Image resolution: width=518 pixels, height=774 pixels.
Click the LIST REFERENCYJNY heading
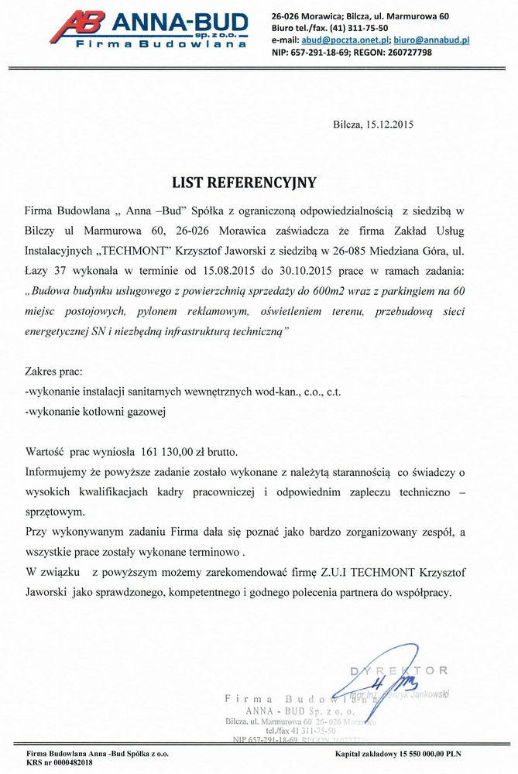point(244,183)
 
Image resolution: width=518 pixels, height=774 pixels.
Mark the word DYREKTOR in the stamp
point(398,670)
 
